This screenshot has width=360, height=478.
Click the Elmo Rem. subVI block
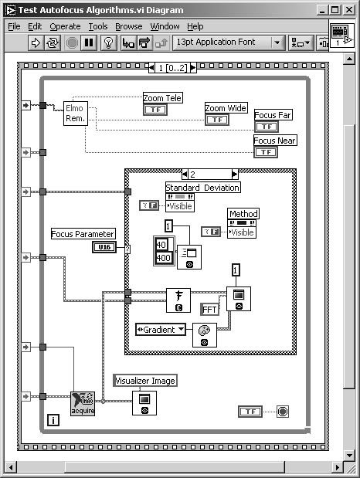(x=76, y=114)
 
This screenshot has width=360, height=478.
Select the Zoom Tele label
(x=162, y=98)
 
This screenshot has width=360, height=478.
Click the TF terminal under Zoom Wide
(x=217, y=120)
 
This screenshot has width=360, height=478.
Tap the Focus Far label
(x=273, y=115)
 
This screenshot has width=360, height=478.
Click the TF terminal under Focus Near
(x=266, y=152)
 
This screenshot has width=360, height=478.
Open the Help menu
(x=195, y=26)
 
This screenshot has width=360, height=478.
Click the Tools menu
(x=98, y=26)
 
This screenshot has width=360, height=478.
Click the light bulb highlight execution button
(x=109, y=42)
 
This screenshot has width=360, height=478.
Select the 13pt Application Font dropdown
(x=229, y=42)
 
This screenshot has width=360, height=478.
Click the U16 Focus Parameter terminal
(x=104, y=247)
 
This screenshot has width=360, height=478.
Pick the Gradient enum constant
(x=161, y=330)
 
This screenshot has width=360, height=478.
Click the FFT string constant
(x=209, y=310)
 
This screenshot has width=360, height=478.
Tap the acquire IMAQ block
(x=83, y=403)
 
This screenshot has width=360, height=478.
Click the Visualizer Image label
(x=145, y=381)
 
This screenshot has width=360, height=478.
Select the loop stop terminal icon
(x=283, y=412)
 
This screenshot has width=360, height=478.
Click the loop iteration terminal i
(x=53, y=420)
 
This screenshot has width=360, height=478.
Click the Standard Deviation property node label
(x=202, y=187)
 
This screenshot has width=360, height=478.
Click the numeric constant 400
(x=164, y=258)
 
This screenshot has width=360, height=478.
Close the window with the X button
(x=349, y=10)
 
